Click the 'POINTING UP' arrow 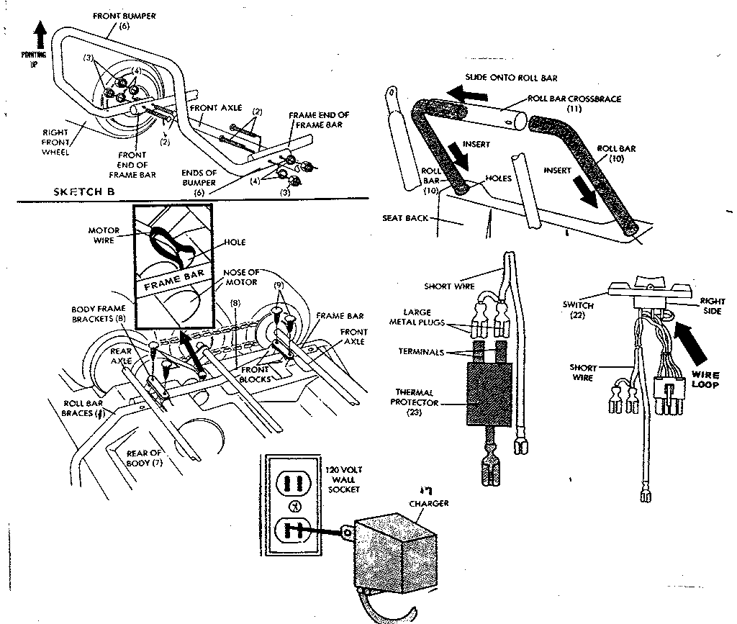40,35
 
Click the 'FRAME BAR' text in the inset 176,281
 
